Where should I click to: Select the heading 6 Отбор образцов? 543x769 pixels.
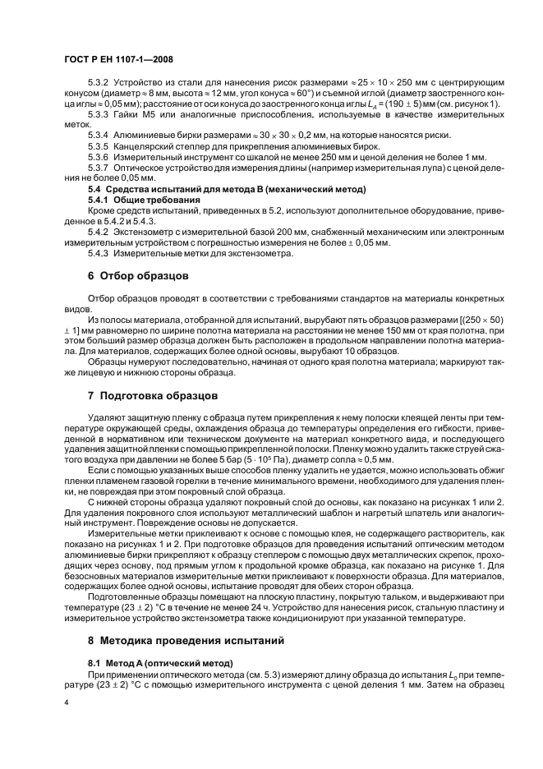[139, 275]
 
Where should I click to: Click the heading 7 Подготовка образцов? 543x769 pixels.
[153, 394]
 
